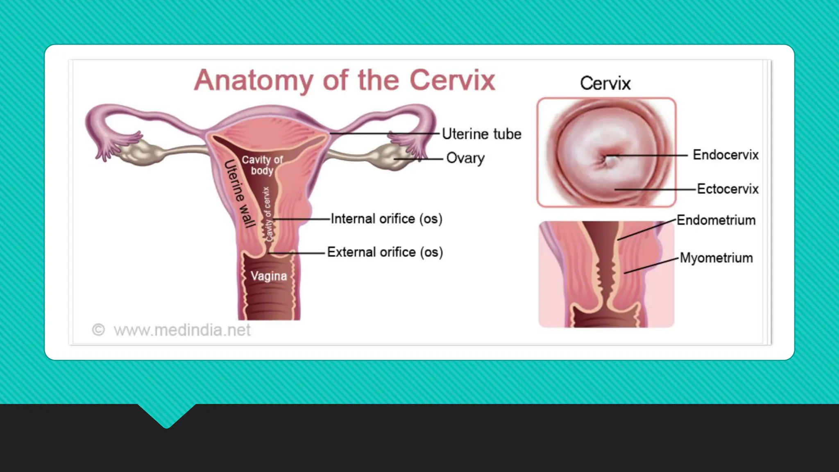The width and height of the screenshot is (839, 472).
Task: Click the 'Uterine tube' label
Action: [x=481, y=134]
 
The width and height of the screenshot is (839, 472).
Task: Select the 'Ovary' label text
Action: [x=465, y=158]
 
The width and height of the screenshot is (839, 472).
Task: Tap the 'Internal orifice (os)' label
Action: [x=386, y=219]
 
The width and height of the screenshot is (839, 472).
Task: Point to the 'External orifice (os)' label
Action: [x=385, y=252]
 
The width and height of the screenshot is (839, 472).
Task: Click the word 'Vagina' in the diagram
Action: [x=269, y=276]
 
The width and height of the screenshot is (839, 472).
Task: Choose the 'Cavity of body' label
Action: [x=262, y=165]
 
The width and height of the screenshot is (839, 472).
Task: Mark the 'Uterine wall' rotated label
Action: [x=240, y=193]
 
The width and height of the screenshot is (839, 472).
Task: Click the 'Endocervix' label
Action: [x=726, y=155]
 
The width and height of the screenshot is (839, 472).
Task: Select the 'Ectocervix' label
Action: [x=728, y=189]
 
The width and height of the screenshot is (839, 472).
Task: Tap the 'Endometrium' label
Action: [x=716, y=220]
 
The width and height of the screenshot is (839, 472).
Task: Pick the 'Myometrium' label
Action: [x=716, y=258]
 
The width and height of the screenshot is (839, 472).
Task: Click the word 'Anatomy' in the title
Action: [x=254, y=80]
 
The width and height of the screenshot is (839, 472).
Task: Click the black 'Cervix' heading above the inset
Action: [x=605, y=83]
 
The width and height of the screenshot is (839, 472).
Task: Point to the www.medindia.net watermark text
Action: [x=182, y=330]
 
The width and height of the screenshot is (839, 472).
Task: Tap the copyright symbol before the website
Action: [x=98, y=330]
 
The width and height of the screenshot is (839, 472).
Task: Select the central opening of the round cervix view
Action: [x=609, y=159]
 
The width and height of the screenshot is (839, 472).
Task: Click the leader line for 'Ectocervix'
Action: [x=655, y=189]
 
